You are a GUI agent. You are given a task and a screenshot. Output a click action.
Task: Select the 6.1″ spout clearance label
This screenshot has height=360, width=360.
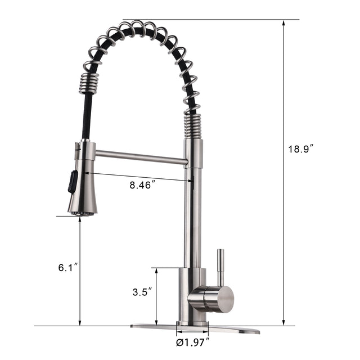pos(67,268)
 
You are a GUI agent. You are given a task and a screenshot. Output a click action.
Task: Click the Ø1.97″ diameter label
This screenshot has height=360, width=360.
pos(193,341)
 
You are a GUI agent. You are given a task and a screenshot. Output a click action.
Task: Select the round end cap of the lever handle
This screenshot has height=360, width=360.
pos(224,298)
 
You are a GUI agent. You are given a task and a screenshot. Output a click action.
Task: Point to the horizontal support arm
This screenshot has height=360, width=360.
pos(141,156)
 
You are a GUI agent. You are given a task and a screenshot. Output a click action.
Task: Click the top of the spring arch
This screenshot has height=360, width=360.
pos(138,26)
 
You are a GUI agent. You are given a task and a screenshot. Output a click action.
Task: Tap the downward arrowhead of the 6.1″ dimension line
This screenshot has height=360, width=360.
pos(80,322)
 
